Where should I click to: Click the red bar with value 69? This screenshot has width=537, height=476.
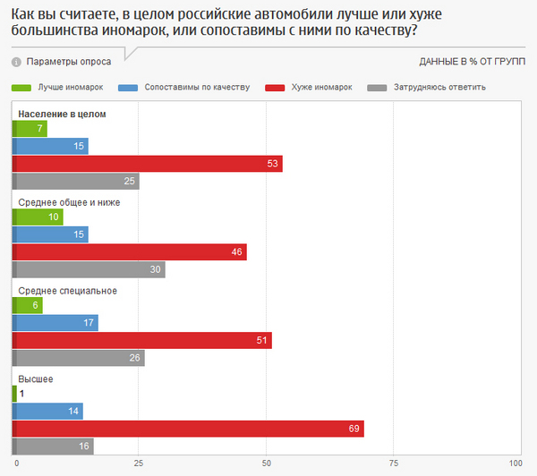188,429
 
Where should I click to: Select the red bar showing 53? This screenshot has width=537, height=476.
148,164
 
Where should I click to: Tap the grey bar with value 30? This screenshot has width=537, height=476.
89,269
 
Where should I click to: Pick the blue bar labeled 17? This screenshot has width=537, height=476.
55,322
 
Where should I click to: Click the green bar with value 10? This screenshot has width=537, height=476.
38,217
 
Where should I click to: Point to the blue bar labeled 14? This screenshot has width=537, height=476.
48,411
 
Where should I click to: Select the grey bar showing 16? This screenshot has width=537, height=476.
54,446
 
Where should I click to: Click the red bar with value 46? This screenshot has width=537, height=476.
130,252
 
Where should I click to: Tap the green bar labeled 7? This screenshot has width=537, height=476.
30,129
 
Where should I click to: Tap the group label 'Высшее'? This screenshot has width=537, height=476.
36,378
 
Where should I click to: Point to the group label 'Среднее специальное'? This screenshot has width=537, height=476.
68,291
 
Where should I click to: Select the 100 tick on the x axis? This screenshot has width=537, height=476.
516,463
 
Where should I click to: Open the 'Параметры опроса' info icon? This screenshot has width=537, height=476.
16,62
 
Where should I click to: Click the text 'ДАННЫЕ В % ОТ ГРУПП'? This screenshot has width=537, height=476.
473,62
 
